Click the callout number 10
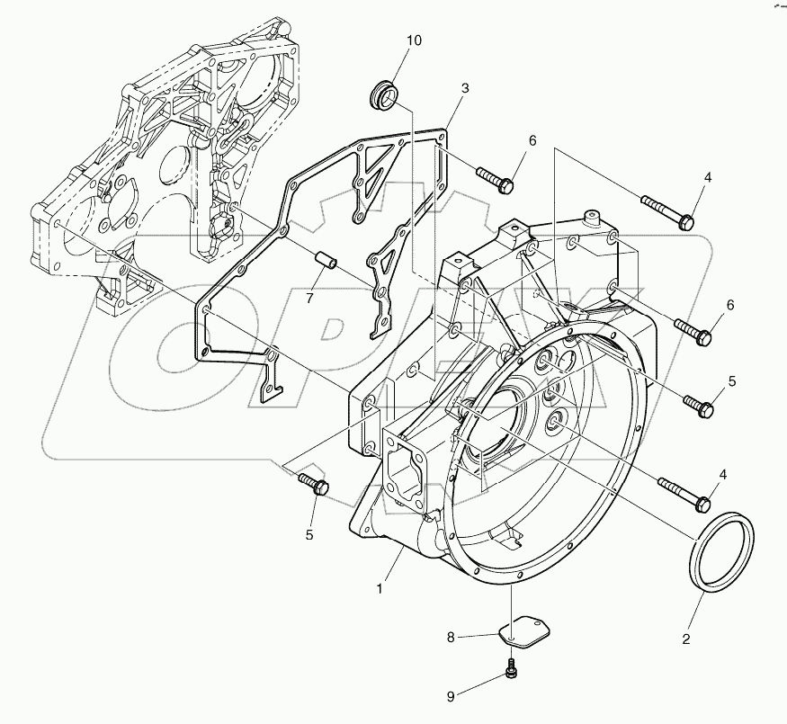412,40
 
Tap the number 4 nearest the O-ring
722,474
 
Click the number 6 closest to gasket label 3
532,140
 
